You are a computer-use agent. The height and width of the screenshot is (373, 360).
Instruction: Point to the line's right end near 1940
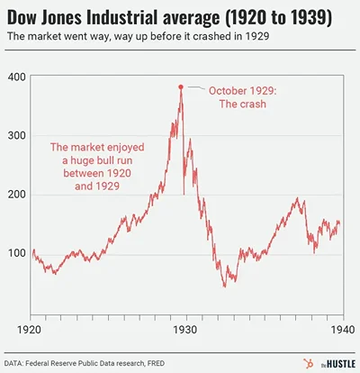pyautogui.click(x=337, y=223)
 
